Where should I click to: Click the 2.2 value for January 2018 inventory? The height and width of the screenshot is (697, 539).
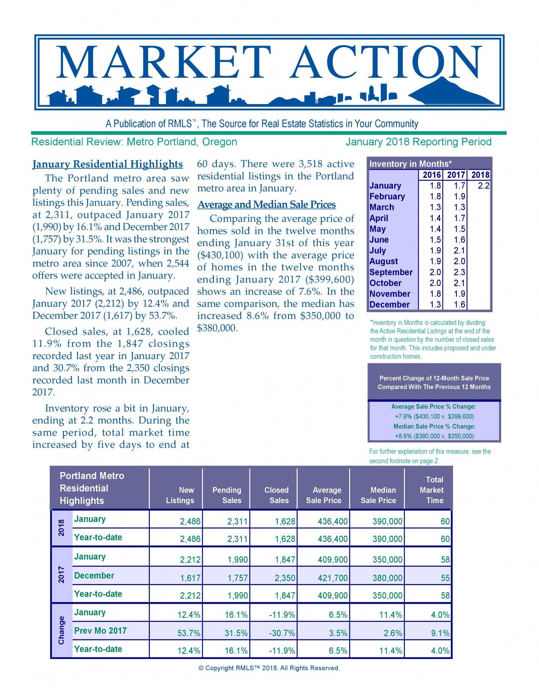click(483, 186)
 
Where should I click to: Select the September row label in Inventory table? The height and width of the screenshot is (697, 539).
click(391, 272)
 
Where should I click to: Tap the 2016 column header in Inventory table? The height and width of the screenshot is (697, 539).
click(431, 175)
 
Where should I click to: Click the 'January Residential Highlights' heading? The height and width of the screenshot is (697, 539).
click(108, 164)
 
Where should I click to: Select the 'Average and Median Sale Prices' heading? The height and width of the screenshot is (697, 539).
click(267, 205)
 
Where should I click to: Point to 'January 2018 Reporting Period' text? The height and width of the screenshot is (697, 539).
click(418, 142)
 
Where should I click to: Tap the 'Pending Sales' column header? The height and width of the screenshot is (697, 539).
click(227, 495)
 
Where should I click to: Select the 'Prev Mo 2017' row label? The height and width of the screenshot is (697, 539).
click(100, 631)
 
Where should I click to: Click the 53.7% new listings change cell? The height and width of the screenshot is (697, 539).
click(189, 633)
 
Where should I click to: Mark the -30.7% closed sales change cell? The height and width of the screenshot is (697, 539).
click(282, 633)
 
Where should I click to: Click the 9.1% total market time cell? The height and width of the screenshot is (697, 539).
click(440, 633)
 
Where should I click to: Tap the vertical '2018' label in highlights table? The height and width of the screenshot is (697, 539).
click(61, 528)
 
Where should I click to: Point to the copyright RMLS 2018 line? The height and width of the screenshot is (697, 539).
click(269, 668)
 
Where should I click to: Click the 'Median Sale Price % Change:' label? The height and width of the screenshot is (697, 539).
click(434, 426)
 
